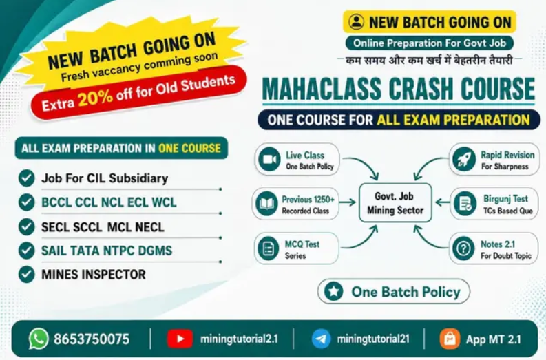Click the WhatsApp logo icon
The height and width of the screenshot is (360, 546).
[39, 339]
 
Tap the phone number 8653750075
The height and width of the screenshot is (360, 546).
[92, 339]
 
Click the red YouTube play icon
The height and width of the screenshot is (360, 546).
[180, 339]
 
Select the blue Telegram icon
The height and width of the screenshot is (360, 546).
[321, 339]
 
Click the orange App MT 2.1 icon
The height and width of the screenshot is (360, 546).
[450, 339]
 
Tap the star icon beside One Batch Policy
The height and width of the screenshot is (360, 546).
[333, 291]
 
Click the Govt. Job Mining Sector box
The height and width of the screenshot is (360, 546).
[395, 203]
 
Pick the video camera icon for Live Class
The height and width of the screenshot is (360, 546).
[269, 160]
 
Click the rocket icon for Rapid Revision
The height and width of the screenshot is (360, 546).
[464, 160]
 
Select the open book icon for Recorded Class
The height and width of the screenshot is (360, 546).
[266, 204]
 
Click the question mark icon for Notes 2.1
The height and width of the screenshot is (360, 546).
[463, 248]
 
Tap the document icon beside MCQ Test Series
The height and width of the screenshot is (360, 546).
[268, 248]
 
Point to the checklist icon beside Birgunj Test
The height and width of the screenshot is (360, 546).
[465, 204]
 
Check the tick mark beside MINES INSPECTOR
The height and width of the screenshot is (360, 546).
[26, 274]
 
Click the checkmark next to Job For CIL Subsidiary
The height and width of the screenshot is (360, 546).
[26, 178]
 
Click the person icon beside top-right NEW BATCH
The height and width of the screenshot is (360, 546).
[356, 21]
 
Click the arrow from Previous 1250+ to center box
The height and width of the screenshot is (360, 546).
[348, 202]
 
